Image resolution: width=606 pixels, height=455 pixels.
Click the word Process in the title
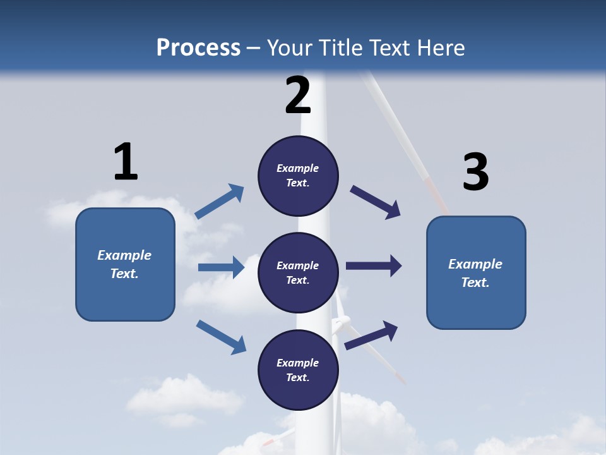[x=198, y=47]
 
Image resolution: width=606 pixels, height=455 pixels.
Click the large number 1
[x=126, y=162]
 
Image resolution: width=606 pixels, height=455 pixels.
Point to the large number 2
[x=298, y=95]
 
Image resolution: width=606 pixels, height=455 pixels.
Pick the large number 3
[x=475, y=172]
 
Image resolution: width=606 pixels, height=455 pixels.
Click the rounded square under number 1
[x=125, y=264]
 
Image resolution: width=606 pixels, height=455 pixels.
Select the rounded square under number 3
[x=476, y=272]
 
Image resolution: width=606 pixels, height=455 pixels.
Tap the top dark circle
[x=298, y=175]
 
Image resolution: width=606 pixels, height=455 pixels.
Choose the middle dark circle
[x=298, y=272]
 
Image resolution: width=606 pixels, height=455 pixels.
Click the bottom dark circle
[x=298, y=370]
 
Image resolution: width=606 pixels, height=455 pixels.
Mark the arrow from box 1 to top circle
[x=220, y=202]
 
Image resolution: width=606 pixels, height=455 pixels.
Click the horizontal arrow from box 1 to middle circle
[x=221, y=267]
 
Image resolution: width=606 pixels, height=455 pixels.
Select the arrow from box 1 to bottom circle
[x=221, y=337]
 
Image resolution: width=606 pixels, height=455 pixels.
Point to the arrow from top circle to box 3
[x=376, y=202]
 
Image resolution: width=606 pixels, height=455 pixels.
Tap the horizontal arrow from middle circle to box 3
[x=374, y=266]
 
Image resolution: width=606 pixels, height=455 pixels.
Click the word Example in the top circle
[x=298, y=168]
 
